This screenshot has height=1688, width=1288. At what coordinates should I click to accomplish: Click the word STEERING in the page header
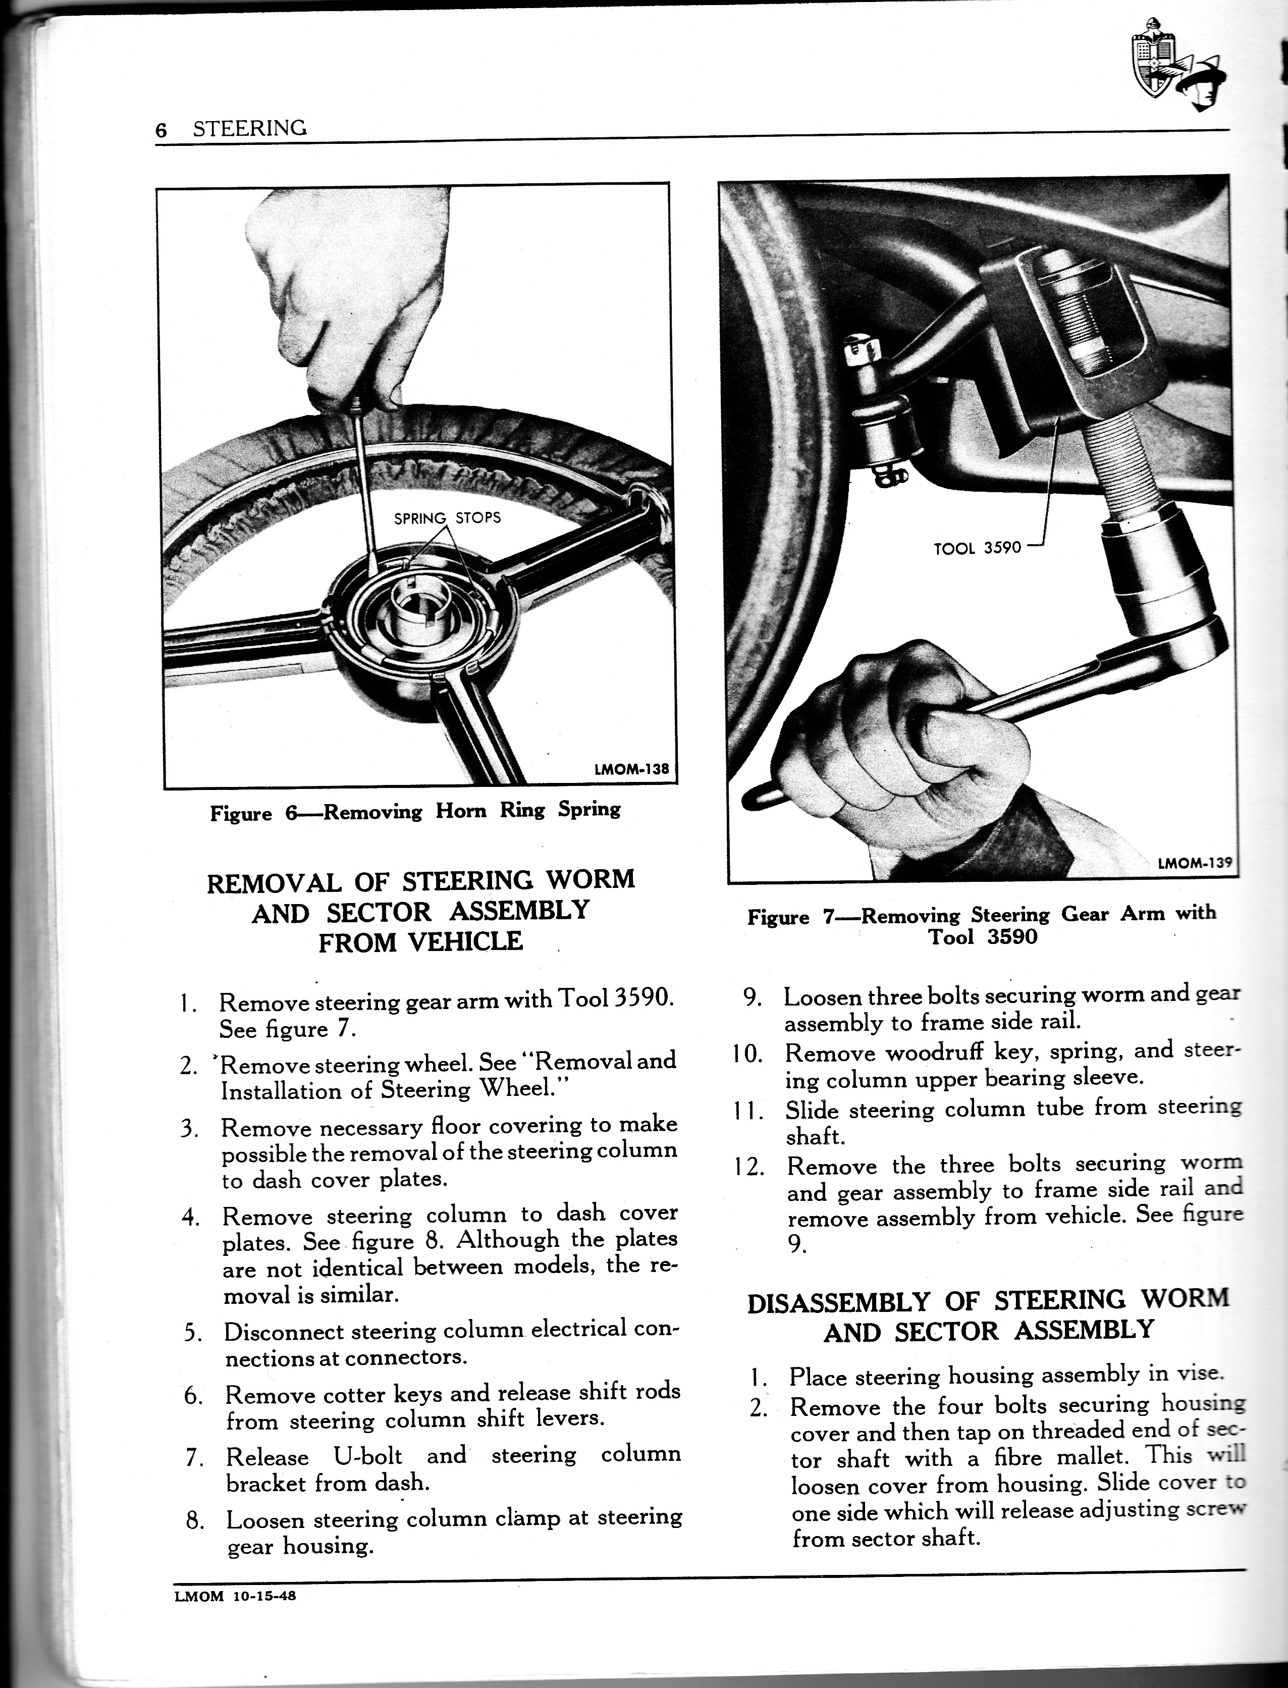click(x=249, y=128)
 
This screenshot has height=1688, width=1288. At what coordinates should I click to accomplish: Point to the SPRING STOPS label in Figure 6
click(x=447, y=518)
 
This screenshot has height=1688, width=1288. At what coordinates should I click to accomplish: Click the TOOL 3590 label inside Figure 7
click(x=978, y=548)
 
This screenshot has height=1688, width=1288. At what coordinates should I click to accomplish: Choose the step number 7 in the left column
click(x=193, y=1457)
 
